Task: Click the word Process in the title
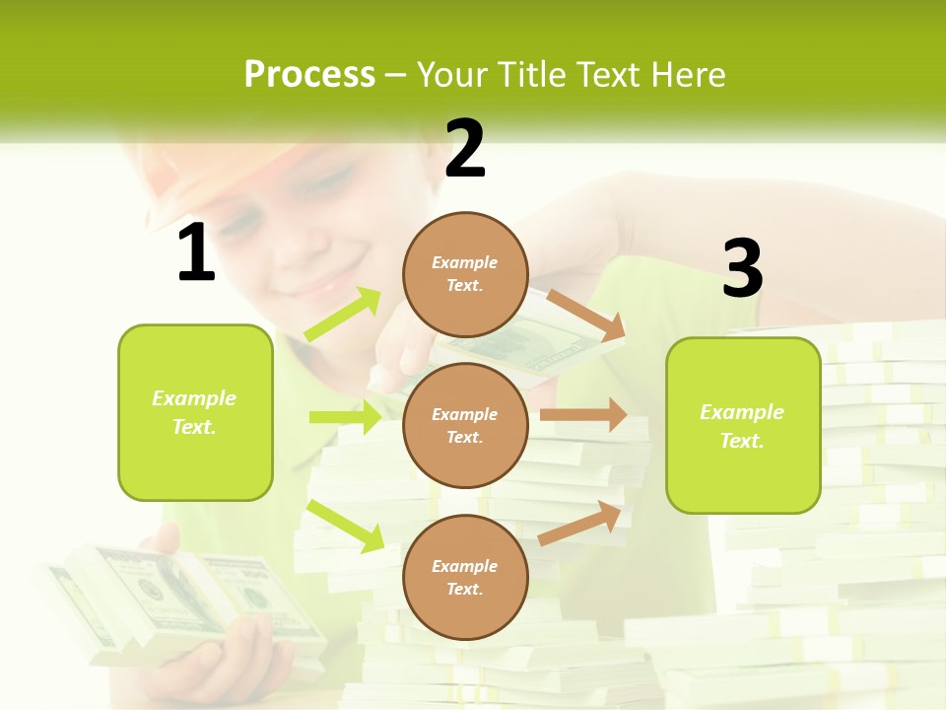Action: point(309,74)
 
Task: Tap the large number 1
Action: point(196,253)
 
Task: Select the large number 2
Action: point(465,150)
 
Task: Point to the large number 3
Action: point(742,269)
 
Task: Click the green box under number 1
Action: point(195,412)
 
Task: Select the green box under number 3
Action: point(743,425)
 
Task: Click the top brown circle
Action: point(465,274)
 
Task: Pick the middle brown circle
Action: point(465,425)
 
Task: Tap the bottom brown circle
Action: point(465,577)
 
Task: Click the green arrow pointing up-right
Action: point(344,315)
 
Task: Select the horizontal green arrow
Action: point(345,417)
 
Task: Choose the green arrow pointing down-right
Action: point(345,526)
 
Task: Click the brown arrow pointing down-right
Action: point(585,315)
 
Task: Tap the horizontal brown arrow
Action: point(582,414)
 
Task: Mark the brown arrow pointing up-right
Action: point(579,523)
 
